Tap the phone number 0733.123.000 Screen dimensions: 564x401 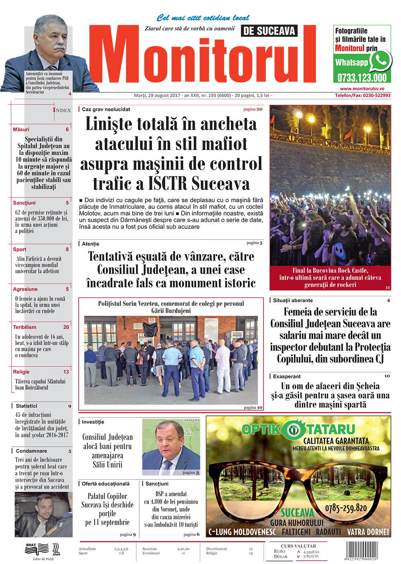tap(362, 77)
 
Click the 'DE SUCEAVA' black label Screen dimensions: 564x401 tap(269, 31)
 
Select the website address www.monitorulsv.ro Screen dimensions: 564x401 tap(362, 89)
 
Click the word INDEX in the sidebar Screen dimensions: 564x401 tap(62, 110)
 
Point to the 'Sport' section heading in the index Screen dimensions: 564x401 tap(20, 249)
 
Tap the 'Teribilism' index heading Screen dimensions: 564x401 tap(24, 327)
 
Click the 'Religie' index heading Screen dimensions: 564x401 tap(21, 372)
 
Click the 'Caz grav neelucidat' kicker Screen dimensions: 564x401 tap(106, 109)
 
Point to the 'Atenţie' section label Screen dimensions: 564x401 tap(91, 244)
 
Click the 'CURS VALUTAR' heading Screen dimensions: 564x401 tap(298, 546)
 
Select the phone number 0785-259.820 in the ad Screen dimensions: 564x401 tap(346, 508)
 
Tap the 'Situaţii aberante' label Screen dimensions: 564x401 tap(293, 300)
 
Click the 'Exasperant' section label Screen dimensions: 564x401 tap(287, 377)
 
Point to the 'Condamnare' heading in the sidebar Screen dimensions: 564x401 tap(31, 451)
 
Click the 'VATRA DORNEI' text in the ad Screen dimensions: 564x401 tap(368, 532)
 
